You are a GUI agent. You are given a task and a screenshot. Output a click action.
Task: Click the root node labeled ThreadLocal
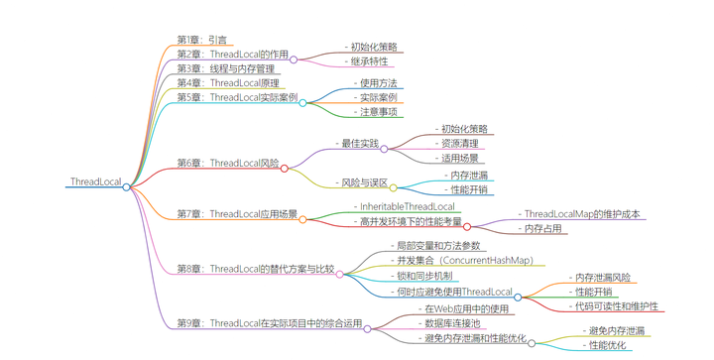(95, 182)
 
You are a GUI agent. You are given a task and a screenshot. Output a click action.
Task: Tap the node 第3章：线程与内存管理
(225, 69)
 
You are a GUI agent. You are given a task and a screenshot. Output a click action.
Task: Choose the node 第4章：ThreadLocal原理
(227, 83)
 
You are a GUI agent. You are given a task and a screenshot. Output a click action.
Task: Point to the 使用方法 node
(378, 83)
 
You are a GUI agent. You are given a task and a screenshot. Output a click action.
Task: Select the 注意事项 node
(378, 112)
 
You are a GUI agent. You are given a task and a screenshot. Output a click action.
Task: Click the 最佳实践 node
(360, 144)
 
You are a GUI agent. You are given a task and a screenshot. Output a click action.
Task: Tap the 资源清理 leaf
(459, 144)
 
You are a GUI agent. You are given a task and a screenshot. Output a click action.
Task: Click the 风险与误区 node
(364, 183)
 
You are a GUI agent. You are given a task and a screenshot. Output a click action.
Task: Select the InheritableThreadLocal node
(407, 207)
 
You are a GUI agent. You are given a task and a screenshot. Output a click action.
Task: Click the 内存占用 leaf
(543, 229)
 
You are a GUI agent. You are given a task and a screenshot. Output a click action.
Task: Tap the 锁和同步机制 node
(423, 276)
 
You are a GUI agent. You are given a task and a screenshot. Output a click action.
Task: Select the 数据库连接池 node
(451, 323)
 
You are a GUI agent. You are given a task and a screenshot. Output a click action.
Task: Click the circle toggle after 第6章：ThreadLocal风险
(285, 168)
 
